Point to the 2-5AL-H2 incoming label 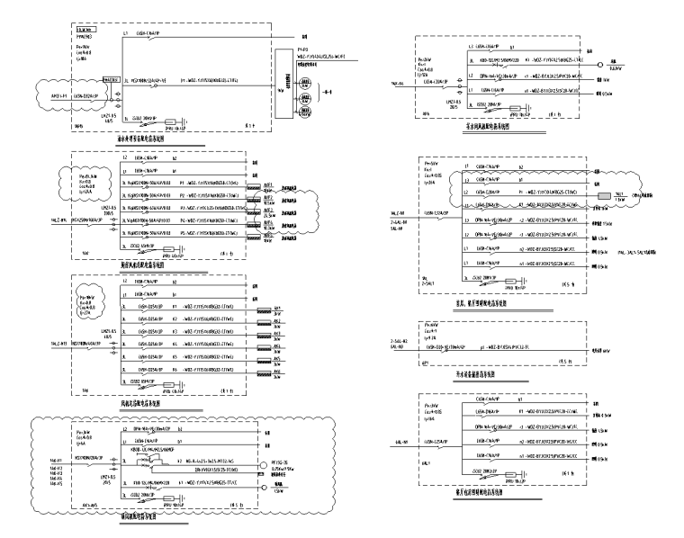coord(391,341)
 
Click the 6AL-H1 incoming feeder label coord(405,443)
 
